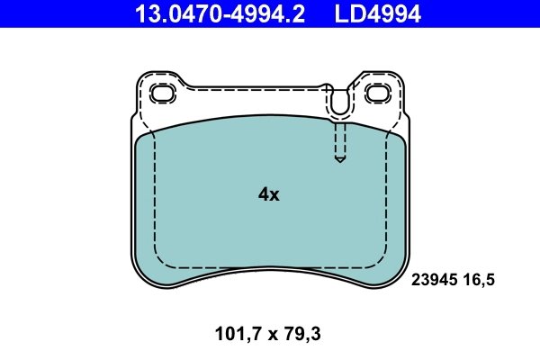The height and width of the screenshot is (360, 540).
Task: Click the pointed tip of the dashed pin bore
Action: tap(339, 161)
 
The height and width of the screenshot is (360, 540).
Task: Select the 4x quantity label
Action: tap(269, 193)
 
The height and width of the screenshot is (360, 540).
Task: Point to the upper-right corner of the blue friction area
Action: tap(400, 136)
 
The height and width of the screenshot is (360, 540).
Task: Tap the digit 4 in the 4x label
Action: tap(264, 193)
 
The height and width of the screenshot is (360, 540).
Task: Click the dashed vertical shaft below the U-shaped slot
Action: tap(339, 139)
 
